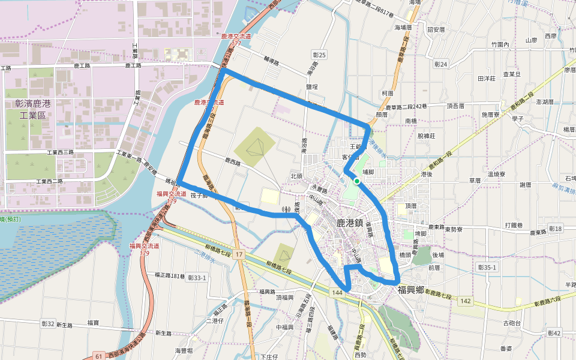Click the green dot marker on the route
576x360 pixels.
[x=357, y=181]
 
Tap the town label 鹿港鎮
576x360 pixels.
[x=349, y=223]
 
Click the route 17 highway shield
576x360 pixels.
[x=239, y=255]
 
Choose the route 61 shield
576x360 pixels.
[x=98, y=356]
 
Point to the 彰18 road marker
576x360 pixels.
[x=555, y=229]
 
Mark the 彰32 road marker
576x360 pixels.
[x=48, y=323]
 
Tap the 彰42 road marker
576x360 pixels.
[x=554, y=333]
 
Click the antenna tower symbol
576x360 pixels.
[x=287, y=210]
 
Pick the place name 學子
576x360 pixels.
[x=518, y=119]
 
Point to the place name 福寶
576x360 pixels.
[x=93, y=323]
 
